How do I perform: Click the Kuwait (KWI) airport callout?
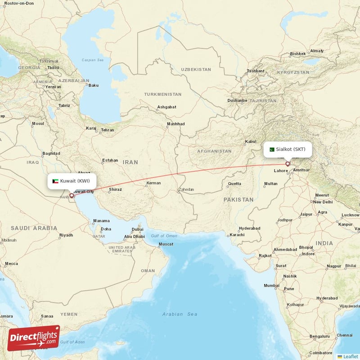tap(72, 181)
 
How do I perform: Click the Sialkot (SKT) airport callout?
tap(288, 149)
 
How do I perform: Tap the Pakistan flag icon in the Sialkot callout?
tap(271, 149)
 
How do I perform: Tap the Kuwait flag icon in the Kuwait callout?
tap(55, 181)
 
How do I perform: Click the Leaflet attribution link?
tap(350, 356)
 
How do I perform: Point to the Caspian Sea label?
tap(93, 60)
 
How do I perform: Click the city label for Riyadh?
tap(66, 235)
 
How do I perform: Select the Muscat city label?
tap(166, 244)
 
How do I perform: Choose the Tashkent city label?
tap(255, 71)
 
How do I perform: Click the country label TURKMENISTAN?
tap(163, 94)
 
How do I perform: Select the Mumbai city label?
tap(271, 286)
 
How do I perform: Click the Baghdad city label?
tap(51, 153)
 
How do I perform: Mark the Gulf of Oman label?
tap(164, 236)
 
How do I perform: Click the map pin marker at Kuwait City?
tap(71, 196)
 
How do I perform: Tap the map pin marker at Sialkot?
tap(288, 164)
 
